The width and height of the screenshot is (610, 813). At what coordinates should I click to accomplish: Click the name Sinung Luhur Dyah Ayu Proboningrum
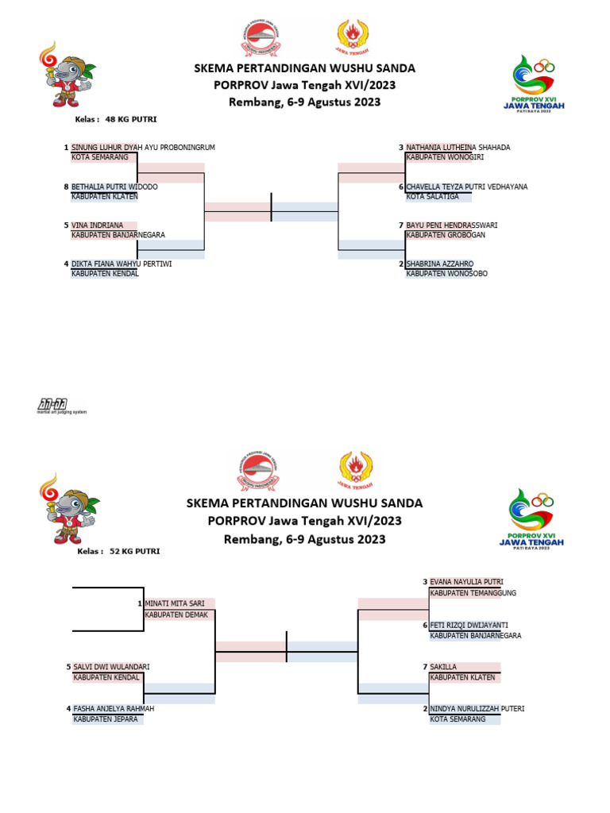(143, 148)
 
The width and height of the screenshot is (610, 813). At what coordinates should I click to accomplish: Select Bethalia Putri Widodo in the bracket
(114, 187)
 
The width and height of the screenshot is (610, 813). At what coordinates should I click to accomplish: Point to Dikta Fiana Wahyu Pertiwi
(122, 264)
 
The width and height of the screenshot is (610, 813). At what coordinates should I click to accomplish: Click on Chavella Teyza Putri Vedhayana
(467, 187)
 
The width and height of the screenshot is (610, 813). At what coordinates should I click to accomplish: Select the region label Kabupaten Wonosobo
(446, 274)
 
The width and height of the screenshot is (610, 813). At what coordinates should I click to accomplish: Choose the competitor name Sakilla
(444, 668)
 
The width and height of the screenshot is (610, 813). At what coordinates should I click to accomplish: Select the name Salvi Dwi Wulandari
(111, 667)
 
